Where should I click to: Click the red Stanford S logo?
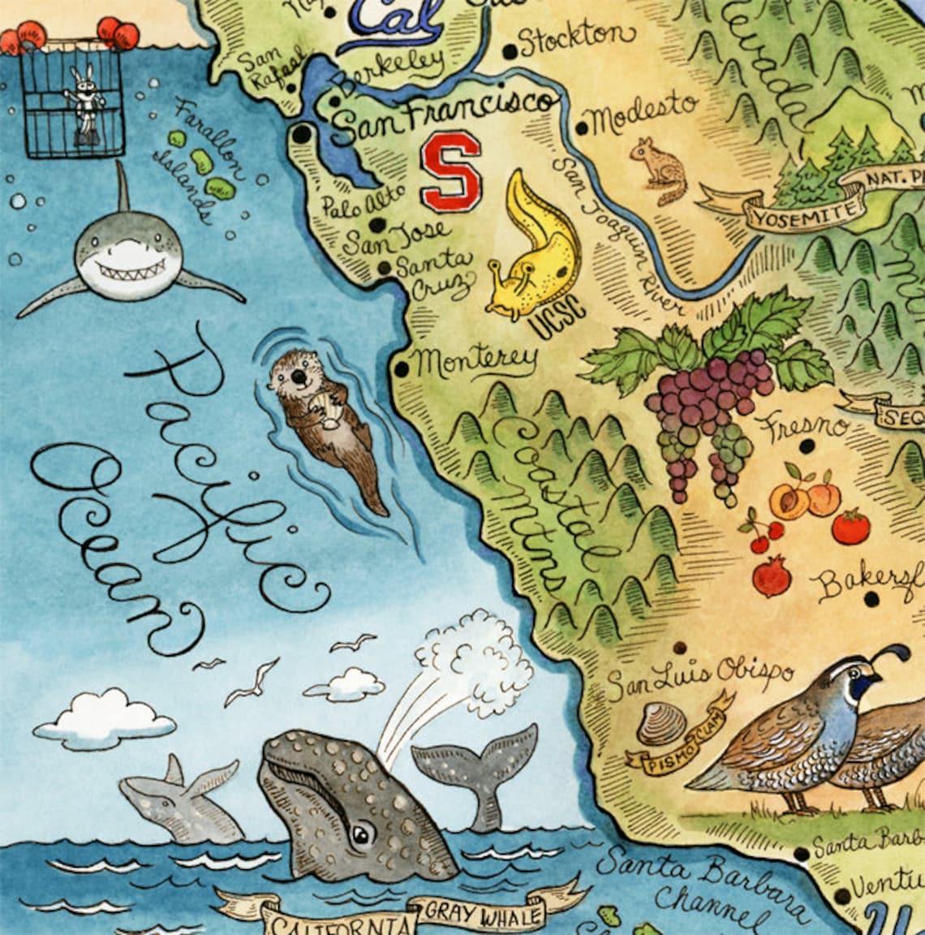pyautogui.click(x=450, y=171)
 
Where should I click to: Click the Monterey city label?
pyautogui.click(x=477, y=360)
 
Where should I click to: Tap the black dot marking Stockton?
pyautogui.click(x=510, y=52)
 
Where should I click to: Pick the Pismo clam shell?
pyautogui.click(x=661, y=725)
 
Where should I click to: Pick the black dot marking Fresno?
pyautogui.click(x=807, y=446)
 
